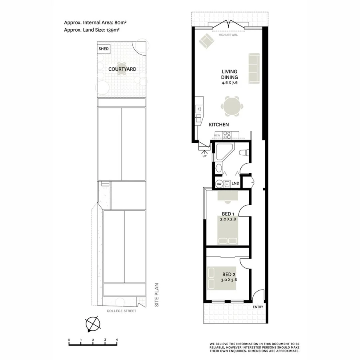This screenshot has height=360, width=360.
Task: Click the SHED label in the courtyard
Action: (x=104, y=49)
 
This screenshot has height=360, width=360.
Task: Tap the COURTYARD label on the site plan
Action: (x=122, y=69)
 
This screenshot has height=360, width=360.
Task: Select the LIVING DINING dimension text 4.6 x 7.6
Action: (x=230, y=84)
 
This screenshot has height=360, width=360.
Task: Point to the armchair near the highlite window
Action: (x=207, y=41)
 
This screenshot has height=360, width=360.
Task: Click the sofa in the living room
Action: (x=254, y=68)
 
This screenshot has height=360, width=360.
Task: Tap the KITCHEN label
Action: (x=219, y=125)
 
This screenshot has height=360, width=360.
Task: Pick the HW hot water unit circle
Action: (x=219, y=184)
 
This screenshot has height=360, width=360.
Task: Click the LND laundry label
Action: (x=236, y=184)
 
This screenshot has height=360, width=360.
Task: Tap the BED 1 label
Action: (x=228, y=214)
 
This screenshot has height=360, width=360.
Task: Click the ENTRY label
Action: (x=258, y=307)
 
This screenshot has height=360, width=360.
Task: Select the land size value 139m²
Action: (x=113, y=30)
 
